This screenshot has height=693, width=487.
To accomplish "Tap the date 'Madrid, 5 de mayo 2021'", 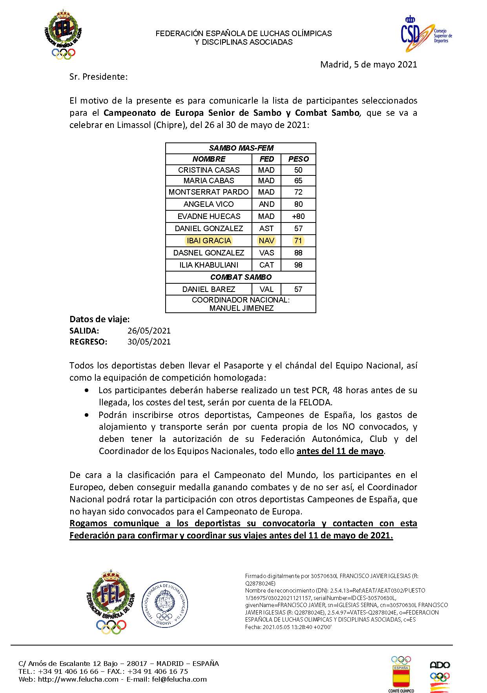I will coord(368,64).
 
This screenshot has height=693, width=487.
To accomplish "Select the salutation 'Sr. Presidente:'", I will coord(98,77).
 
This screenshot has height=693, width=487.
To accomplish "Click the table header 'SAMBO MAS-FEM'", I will coord(241,148).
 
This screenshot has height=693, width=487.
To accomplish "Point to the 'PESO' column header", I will coord(298,159).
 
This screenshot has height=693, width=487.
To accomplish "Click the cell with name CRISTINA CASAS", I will coord(209,170).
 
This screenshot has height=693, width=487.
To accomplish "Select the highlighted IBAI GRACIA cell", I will coord(209,241).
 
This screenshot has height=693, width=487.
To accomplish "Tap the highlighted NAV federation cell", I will coord(266,241).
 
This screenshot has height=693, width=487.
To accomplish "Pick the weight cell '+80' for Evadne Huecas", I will coord(298,216).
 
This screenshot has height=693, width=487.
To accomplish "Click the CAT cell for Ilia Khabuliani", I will coord(266,265).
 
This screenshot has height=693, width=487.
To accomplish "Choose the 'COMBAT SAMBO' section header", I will coord(241,277).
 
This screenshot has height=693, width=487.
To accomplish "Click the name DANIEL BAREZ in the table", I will coord(209,289).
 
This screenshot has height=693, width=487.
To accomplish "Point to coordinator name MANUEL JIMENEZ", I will coord(241,308).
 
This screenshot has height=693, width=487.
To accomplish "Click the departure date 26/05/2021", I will coord(149,331).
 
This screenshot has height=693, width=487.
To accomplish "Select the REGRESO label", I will coord(88,342).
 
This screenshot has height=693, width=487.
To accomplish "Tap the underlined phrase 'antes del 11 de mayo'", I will coord(340,451).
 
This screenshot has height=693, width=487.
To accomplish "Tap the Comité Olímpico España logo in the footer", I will coord(401,674).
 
